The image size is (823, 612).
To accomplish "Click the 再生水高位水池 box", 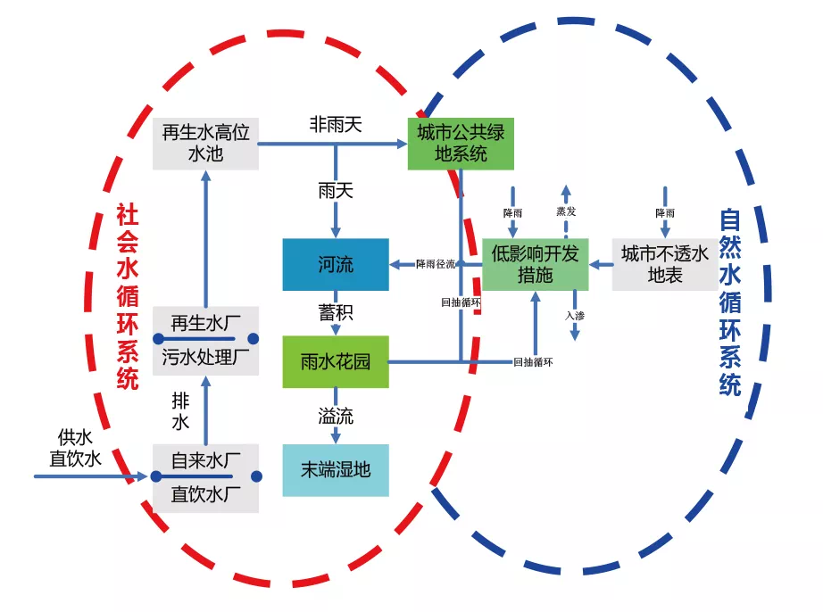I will click(x=205, y=143).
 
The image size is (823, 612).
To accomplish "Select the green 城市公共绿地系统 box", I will click(x=461, y=143).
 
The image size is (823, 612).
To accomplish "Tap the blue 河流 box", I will click(x=336, y=264).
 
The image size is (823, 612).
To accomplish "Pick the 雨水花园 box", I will click(x=336, y=361).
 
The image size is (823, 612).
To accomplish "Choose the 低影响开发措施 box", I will click(x=535, y=264).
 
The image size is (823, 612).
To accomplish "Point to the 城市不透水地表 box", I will click(x=664, y=264).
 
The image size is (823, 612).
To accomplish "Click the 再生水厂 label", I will click(x=205, y=322).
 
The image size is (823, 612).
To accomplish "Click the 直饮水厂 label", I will click(x=205, y=493).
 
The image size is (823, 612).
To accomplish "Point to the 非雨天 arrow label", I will click(x=336, y=125).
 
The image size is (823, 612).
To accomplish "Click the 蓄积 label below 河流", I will click(x=336, y=313).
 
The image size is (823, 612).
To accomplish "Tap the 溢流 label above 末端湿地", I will click(x=336, y=415).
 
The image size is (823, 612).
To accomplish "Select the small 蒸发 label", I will click(x=566, y=212).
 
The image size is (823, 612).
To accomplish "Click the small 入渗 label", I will click(x=575, y=315).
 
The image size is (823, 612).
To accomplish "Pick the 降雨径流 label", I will click(x=436, y=264).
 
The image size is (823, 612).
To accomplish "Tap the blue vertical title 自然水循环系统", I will click(x=729, y=303).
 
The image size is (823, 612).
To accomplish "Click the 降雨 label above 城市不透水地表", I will click(x=665, y=213).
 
